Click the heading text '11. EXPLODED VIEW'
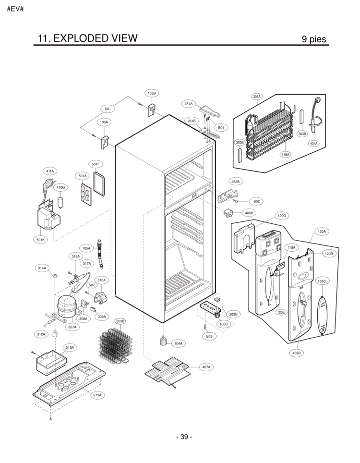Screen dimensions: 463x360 (86, 38)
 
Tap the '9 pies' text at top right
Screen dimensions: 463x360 (314, 39)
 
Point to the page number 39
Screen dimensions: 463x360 (184, 437)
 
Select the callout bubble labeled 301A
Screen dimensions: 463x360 (257, 97)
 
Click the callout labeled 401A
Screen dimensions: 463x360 (313, 143)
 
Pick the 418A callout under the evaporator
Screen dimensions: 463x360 (285, 154)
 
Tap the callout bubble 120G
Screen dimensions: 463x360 (281, 216)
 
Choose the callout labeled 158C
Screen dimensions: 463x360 (322, 281)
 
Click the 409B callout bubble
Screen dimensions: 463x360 (297, 353)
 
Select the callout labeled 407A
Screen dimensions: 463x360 (206, 367)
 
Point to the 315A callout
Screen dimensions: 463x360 (97, 395)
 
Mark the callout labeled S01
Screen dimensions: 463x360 (108, 109)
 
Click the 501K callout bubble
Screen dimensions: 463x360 (40, 239)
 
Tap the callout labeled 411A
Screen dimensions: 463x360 (50, 171)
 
